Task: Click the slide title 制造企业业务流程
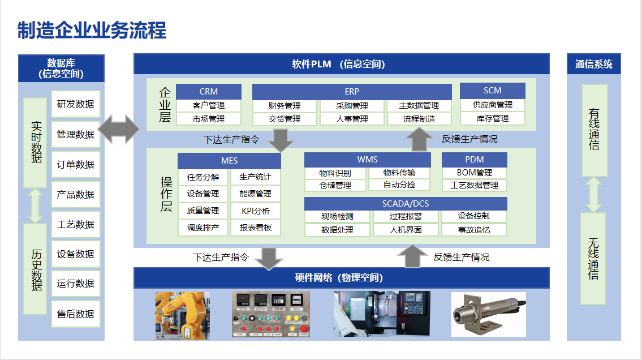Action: pos(92,31)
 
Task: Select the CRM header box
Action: pos(209,91)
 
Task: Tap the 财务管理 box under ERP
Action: pos(285,106)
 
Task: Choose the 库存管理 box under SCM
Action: pos(493,118)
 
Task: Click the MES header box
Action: pos(229,161)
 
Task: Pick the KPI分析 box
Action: pos(256,211)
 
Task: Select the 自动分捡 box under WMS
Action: pos(399,185)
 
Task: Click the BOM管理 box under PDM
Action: pos(475,173)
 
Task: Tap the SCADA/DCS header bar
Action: pos(406,204)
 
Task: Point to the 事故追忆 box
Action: pos(474,230)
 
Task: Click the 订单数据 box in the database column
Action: pos(76,164)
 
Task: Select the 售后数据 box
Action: pos(76,314)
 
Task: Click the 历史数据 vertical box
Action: pos(35,269)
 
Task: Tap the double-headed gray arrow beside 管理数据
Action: pos(119,129)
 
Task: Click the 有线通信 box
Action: pos(594,130)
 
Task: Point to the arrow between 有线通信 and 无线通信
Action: pos(594,195)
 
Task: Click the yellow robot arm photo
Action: pos(183,315)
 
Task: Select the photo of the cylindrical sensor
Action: pos(489,314)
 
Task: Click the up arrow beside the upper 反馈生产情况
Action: pos(419,139)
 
